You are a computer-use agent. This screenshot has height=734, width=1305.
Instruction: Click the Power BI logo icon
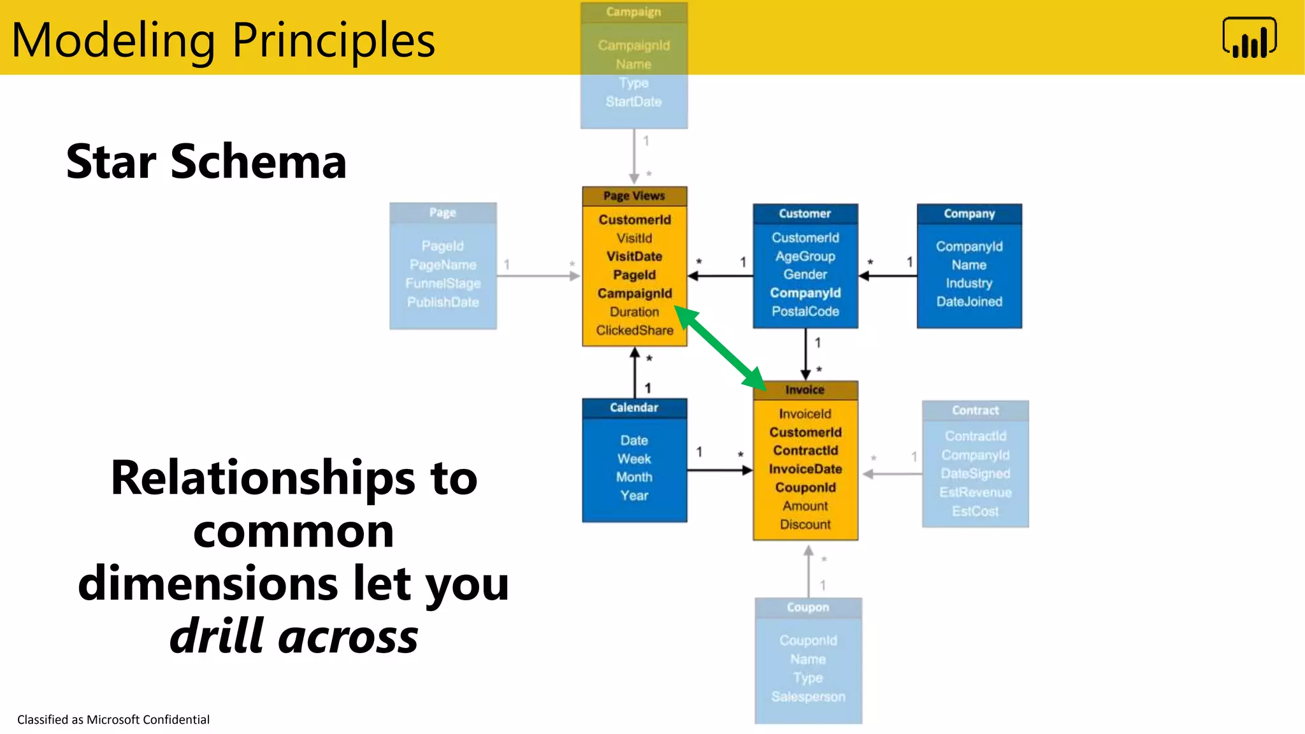tap(1249, 38)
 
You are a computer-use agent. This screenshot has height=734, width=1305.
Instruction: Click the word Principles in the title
tap(333, 40)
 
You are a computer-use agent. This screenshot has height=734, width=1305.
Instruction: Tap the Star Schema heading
tap(206, 161)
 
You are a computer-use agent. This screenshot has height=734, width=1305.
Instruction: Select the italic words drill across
tap(294, 636)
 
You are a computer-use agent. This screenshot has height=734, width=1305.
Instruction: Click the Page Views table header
tap(634, 196)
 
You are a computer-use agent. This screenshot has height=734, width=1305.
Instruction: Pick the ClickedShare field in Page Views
tap(634, 330)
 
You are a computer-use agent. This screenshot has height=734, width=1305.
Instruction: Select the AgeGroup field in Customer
tap(805, 256)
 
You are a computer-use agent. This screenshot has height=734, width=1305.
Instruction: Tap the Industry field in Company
tap(969, 283)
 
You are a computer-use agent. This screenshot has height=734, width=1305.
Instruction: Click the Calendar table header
tap(634, 408)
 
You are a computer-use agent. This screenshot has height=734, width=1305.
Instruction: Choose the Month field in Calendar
tap(634, 477)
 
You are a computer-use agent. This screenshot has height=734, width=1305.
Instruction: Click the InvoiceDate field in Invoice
tap(805, 469)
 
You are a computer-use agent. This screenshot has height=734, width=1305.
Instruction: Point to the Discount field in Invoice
tap(805, 524)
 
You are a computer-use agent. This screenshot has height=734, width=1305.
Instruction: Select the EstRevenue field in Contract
tap(975, 492)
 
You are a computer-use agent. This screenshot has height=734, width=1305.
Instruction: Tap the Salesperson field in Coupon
tap(808, 696)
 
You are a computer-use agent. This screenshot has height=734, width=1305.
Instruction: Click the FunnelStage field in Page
tap(443, 283)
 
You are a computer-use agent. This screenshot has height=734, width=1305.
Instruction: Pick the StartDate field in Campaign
tap(633, 101)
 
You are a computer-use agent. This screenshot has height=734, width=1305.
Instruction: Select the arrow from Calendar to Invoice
tap(720, 470)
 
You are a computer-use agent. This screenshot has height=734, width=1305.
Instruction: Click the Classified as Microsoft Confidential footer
tap(113, 719)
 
